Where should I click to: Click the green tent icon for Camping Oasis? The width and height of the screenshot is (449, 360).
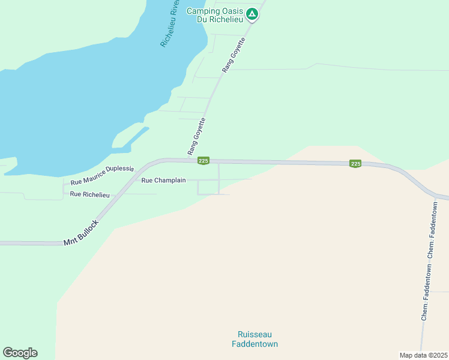[253, 13]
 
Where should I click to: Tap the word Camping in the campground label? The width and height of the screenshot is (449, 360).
[206, 11]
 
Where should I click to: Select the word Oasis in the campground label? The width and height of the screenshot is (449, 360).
[235, 11]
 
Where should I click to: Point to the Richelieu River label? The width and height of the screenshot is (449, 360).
[170, 23]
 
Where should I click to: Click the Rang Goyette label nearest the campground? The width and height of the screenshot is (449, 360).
[234, 55]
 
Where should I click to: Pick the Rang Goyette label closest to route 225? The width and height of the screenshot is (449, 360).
[196, 135]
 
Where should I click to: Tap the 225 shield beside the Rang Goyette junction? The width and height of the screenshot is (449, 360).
[203, 160]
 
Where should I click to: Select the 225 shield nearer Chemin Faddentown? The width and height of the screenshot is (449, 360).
[355, 164]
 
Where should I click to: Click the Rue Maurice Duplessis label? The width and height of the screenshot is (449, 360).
[102, 175]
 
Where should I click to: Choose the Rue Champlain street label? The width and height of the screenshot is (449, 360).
[163, 180]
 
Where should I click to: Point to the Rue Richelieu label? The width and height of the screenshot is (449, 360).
[90, 194]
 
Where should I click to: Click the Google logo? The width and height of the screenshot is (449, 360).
[20, 353]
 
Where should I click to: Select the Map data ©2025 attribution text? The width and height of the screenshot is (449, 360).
[424, 355]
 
